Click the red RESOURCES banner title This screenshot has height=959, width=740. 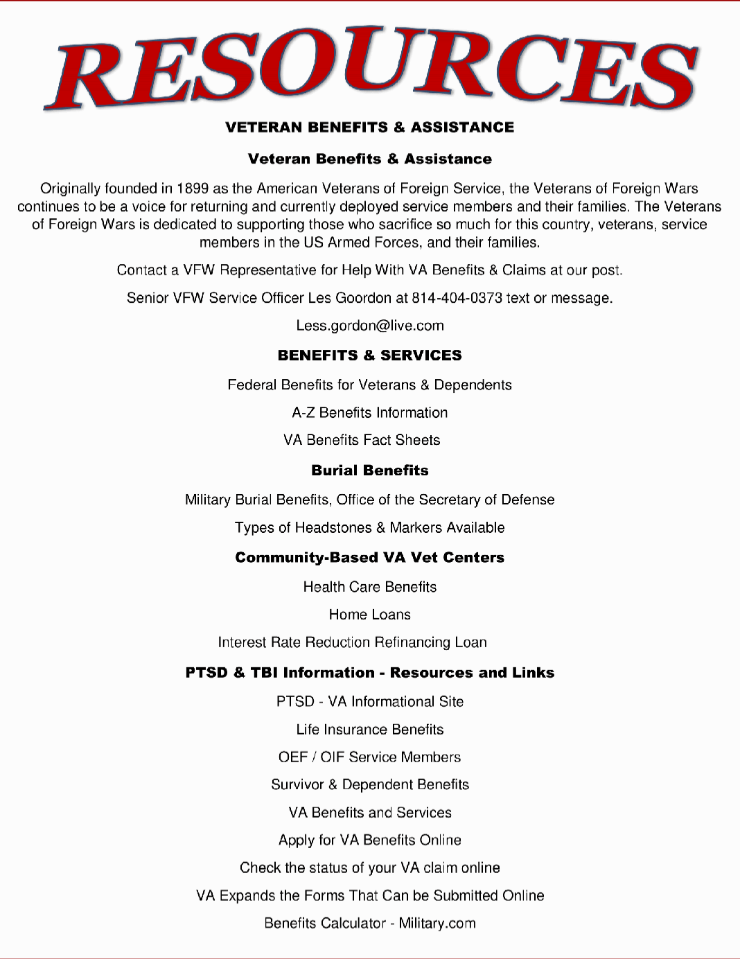click(370, 69)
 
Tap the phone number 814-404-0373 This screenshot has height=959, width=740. click(457, 298)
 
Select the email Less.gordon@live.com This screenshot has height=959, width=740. click(370, 326)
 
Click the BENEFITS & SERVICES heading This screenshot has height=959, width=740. click(370, 355)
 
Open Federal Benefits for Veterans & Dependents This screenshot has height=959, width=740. click(370, 385)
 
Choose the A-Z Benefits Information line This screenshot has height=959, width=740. click(370, 413)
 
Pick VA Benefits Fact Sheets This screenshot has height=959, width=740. click(362, 440)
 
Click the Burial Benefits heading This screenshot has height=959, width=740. click(370, 470)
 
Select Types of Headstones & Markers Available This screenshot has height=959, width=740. click(370, 528)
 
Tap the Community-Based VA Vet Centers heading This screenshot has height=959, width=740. click(370, 558)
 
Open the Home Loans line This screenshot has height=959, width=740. click(370, 615)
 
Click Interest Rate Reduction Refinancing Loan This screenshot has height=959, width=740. click(353, 642)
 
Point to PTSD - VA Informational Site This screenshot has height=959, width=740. click(370, 701)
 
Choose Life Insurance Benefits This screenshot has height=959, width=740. click(370, 730)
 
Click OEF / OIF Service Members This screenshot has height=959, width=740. click(370, 757)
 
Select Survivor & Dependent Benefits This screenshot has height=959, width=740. click(370, 784)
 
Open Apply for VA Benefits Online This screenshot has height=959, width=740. click(370, 840)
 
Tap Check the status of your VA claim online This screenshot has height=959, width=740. click(370, 868)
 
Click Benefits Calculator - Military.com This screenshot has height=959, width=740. click(370, 923)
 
